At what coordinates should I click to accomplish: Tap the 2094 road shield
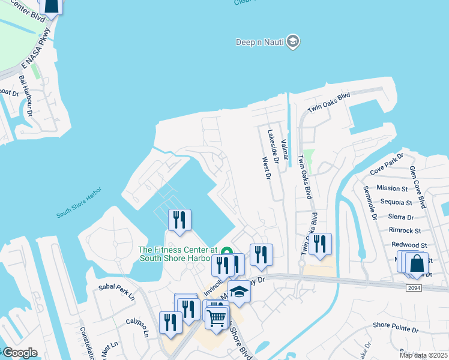(x=414, y=288)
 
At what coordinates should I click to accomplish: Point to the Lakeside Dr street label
(x=273, y=147)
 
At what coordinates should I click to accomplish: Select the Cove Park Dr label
(x=386, y=168)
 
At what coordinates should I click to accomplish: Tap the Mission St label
(x=392, y=188)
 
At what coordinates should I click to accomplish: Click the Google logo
(x=19, y=352)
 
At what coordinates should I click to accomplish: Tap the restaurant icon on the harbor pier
(x=179, y=220)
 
